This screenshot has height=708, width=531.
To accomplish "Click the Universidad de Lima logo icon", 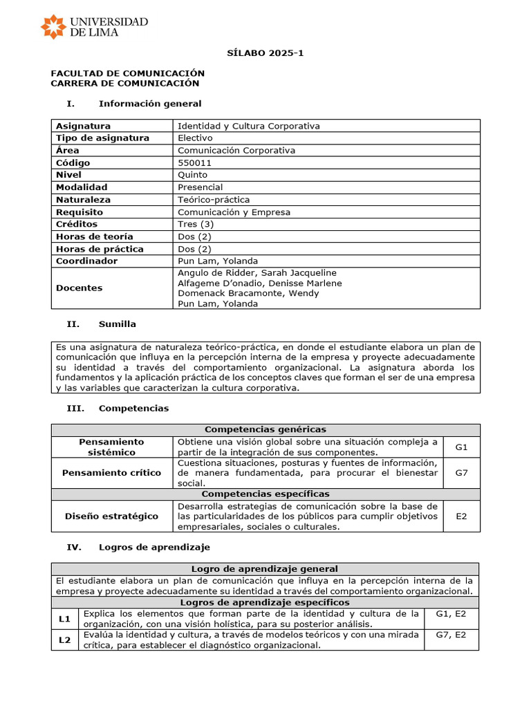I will coord(53,26).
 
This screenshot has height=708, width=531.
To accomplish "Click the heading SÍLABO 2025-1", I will coord(265,53).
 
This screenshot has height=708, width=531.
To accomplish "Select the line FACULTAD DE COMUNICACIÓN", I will coord(128,73).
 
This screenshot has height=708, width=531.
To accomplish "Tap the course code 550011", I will coord(195,162).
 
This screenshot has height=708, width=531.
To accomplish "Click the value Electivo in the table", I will coord(195,138).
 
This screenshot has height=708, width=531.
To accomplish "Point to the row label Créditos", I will coord(77,224).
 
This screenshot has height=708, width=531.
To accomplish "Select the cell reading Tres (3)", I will coord(196,224).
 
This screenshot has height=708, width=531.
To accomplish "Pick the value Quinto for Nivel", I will coord(192,175).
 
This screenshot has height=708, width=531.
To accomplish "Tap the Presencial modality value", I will coord(201,187).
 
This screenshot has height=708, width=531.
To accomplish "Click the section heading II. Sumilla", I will coord(101,324).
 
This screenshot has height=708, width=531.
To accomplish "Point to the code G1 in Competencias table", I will coord(461,447).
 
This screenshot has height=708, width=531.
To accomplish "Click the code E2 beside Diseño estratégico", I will coord(461,516).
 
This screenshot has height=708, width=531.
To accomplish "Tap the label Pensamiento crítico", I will coord(111,473).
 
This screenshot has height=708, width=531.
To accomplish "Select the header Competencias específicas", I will coord(265,494).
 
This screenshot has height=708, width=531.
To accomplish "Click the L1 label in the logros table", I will coord(65,619).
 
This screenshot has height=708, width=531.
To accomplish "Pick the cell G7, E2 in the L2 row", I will coord(451,634).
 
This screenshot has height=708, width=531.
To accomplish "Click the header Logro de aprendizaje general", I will coord(265,568).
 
